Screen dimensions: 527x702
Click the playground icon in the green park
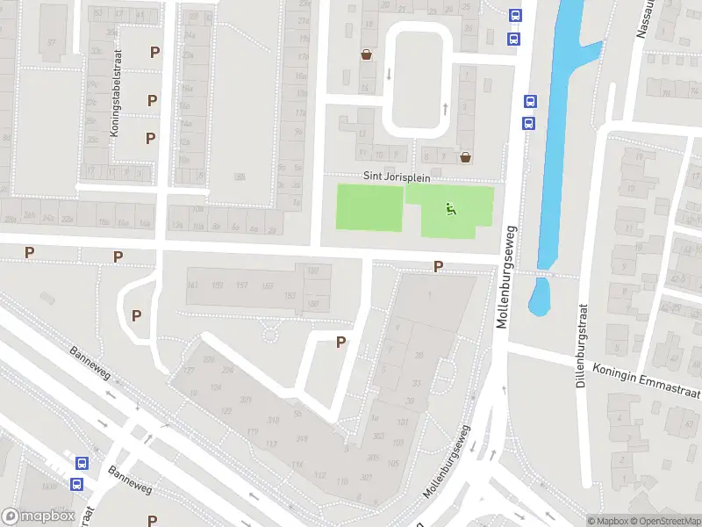tap(451, 209)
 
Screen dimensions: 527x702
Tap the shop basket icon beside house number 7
tap(465, 157)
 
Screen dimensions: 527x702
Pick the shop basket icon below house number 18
tap(365, 54)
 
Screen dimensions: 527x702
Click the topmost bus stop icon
tap(515, 14)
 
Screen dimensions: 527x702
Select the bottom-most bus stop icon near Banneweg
tap(76, 483)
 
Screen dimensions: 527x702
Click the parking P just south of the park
tap(438, 266)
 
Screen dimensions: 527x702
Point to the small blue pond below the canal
tap(539, 296)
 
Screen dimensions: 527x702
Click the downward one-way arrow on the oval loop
tap(387, 73)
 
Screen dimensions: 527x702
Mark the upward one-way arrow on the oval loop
tap(444, 108)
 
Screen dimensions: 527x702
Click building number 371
tap(245, 400)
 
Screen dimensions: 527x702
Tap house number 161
tap(193, 285)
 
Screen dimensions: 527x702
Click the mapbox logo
tap(37, 516)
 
